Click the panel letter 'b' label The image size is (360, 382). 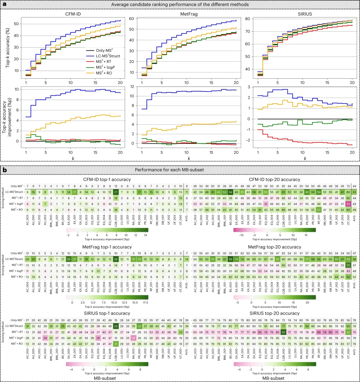coord(5,170)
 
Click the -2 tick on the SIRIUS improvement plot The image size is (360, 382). coord(249,140)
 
